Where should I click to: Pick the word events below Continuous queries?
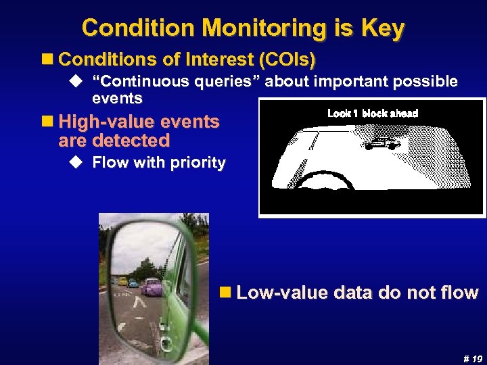[117, 99]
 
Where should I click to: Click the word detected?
[133, 141]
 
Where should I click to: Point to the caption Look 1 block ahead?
[373, 114]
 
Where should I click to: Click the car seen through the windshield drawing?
[384, 143]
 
